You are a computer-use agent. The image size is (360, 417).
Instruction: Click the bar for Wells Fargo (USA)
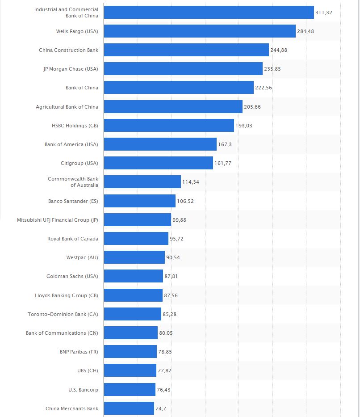click(x=200, y=31)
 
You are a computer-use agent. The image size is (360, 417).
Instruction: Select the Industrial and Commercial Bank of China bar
click(x=209, y=13)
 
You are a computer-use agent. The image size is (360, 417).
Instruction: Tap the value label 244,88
click(x=279, y=50)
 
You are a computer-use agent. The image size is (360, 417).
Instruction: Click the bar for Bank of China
click(x=179, y=88)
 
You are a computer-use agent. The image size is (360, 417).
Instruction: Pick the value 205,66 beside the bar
click(x=252, y=107)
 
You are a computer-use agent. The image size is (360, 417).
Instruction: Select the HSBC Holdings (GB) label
click(x=75, y=126)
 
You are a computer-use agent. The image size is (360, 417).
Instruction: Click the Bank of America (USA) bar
click(x=160, y=144)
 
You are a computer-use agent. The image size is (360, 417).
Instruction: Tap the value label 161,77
click(x=223, y=163)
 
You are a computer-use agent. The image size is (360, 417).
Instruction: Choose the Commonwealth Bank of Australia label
click(x=73, y=182)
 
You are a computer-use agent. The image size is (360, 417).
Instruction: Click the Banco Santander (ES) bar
click(x=139, y=201)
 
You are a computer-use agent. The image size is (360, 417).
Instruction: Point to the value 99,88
click(x=180, y=220)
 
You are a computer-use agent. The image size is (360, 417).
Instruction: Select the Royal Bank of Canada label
click(x=73, y=239)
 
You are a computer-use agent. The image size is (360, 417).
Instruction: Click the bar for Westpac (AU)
click(x=134, y=257)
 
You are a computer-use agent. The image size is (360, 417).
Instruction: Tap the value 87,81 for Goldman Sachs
click(x=171, y=276)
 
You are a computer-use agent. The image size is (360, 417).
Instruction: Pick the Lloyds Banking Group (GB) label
click(x=67, y=295)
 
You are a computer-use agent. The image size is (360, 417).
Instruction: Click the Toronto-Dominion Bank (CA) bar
click(x=132, y=314)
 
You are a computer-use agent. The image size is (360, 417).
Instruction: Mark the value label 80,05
click(x=166, y=333)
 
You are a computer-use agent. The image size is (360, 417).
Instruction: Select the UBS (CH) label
click(x=88, y=371)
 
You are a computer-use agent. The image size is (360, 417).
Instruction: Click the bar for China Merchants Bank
click(x=129, y=409)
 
